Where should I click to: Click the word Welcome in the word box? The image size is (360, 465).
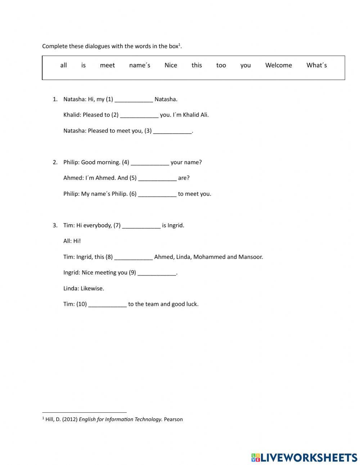[x=278, y=65]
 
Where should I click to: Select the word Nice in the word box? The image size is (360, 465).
[x=171, y=65]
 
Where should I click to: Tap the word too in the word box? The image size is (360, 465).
[x=221, y=65]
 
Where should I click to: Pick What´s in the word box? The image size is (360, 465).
[x=316, y=65]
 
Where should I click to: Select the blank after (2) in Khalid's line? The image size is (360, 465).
[x=139, y=115]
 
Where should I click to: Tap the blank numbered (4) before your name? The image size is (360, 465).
[x=150, y=162]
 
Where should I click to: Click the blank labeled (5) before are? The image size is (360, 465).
[x=157, y=178]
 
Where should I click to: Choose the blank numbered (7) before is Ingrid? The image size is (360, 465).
[x=141, y=226]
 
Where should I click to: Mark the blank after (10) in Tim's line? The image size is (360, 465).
[x=107, y=304]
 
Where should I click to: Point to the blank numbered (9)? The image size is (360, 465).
[x=157, y=273]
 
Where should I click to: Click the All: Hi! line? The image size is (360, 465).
[x=72, y=241]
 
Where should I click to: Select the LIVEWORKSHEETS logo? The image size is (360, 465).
[x=304, y=457]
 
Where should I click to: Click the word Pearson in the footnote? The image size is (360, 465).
[x=173, y=419]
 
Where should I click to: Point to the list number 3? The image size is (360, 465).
[x=55, y=225]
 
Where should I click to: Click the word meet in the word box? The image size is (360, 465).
[x=107, y=65]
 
